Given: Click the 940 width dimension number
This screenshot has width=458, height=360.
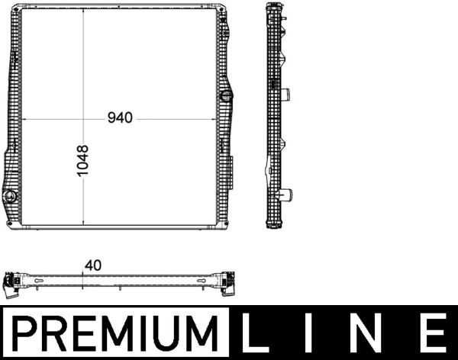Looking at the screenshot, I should [120, 118].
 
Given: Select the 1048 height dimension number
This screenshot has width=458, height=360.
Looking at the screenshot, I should [83, 161].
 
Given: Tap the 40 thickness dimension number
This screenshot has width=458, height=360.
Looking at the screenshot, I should [94, 265].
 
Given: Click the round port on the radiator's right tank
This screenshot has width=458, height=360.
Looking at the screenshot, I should [225, 97].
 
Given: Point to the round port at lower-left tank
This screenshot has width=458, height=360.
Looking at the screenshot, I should [11, 198].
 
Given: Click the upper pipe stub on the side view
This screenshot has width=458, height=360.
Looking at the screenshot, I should [288, 96].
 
